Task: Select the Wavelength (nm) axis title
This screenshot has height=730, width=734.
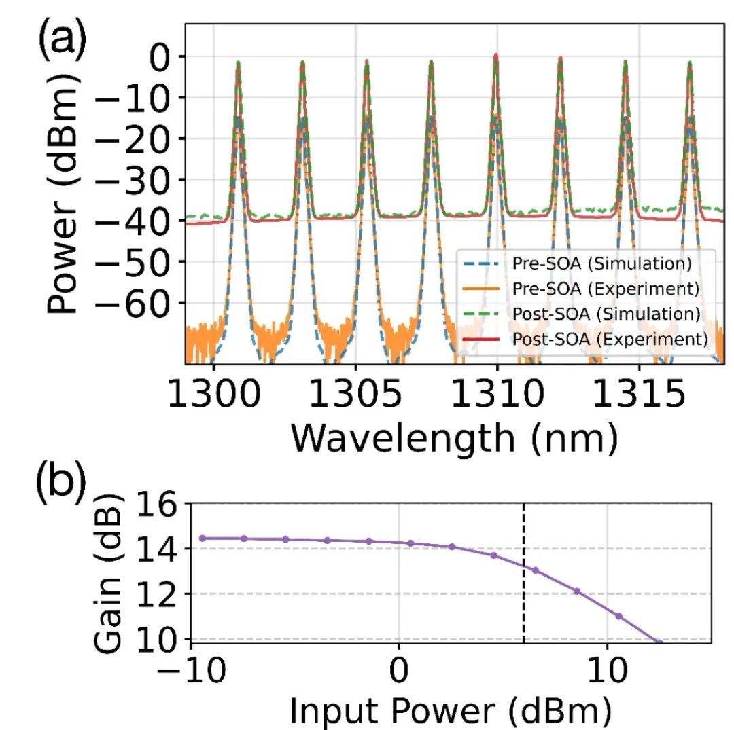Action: (x=455, y=439)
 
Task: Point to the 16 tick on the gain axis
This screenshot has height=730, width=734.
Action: (x=161, y=505)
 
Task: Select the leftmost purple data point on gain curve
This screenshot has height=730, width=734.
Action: (x=202, y=538)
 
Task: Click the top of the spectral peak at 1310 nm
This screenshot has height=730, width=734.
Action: (x=496, y=56)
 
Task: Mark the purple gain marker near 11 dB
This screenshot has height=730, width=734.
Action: (x=618, y=616)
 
